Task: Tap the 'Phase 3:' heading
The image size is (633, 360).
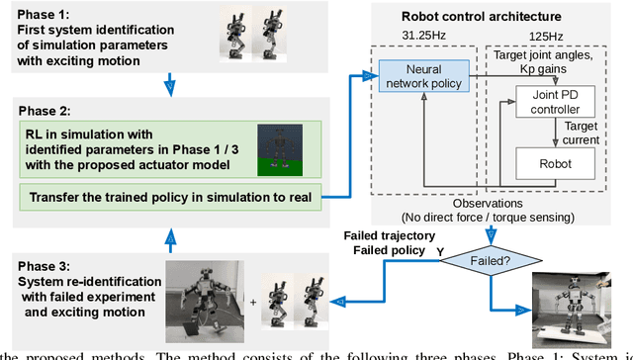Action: coord(39,265)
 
